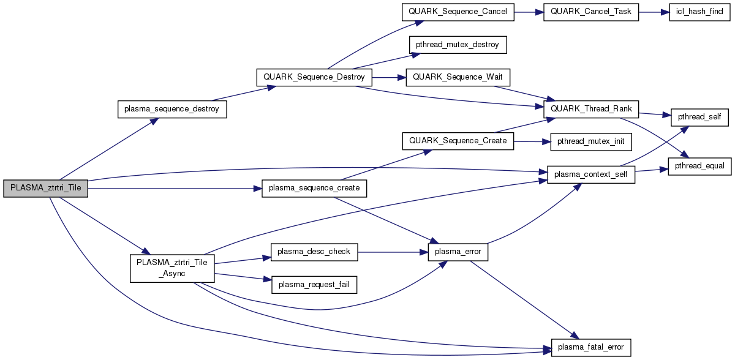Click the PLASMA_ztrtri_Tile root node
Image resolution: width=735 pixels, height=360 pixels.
click(x=46, y=189)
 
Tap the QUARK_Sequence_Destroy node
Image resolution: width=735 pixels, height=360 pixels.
click(x=314, y=77)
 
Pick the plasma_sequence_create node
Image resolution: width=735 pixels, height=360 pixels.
click(x=314, y=189)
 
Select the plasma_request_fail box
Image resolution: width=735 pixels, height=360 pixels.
click(x=314, y=283)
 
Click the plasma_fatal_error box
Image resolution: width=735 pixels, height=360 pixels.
click(x=591, y=347)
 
